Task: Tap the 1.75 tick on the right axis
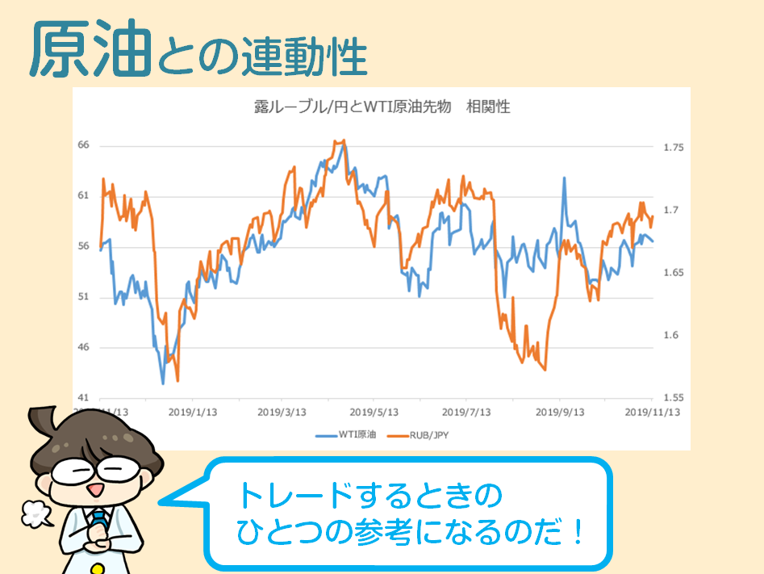[673, 148]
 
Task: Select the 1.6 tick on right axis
[670, 335]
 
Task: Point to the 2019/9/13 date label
[560, 411]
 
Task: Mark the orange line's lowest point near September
[545, 369]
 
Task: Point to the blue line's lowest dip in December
[163, 383]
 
